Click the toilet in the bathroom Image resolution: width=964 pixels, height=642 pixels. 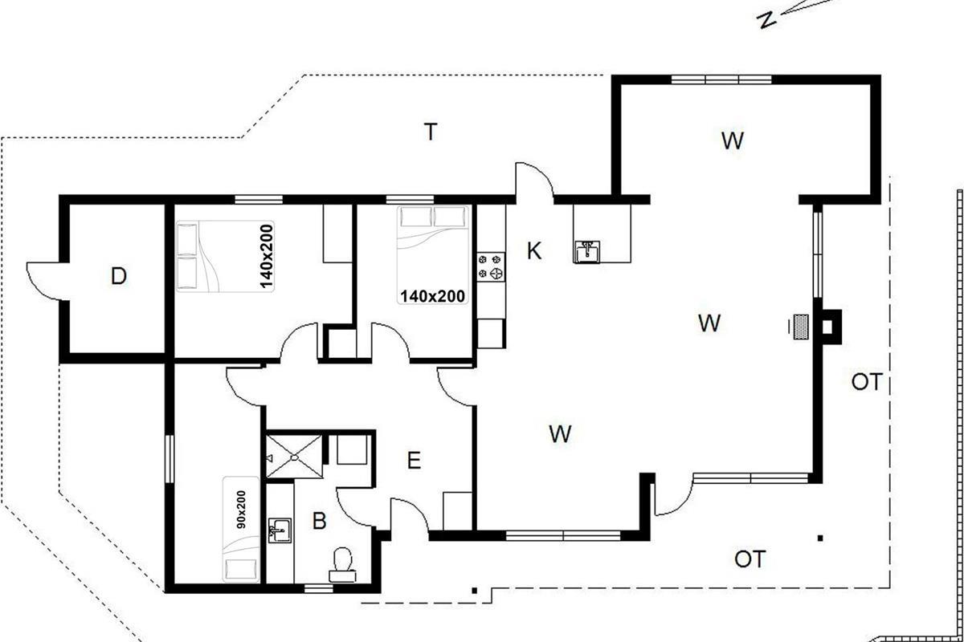pos(342,564)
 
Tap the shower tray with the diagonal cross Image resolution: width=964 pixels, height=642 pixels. pos(294,457)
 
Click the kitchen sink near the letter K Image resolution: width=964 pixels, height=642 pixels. pos(587,251)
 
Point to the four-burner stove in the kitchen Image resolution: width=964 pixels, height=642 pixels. pos(491,266)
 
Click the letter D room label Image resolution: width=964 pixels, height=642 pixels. pos(119,276)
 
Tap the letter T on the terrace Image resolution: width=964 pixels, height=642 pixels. pos(431,132)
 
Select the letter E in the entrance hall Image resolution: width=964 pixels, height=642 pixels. pos(414,461)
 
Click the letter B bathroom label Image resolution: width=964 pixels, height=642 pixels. pos(319,521)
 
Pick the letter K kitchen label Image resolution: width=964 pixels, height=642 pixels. pos(534,250)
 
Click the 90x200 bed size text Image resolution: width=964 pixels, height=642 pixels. pos(241,510)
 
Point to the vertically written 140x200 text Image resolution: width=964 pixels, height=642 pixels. pos(267,256)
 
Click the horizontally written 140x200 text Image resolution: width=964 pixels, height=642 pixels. pos(432,296)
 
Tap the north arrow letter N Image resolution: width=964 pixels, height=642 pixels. pos(767,20)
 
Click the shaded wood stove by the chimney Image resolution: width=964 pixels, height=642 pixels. pos(801,327)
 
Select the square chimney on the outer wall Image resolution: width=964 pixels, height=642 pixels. pos(831,327)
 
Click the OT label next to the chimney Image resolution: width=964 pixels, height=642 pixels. pos(867,382)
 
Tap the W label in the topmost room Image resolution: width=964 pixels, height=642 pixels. pos(732,140)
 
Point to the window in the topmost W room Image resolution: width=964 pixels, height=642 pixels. pos(721,79)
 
